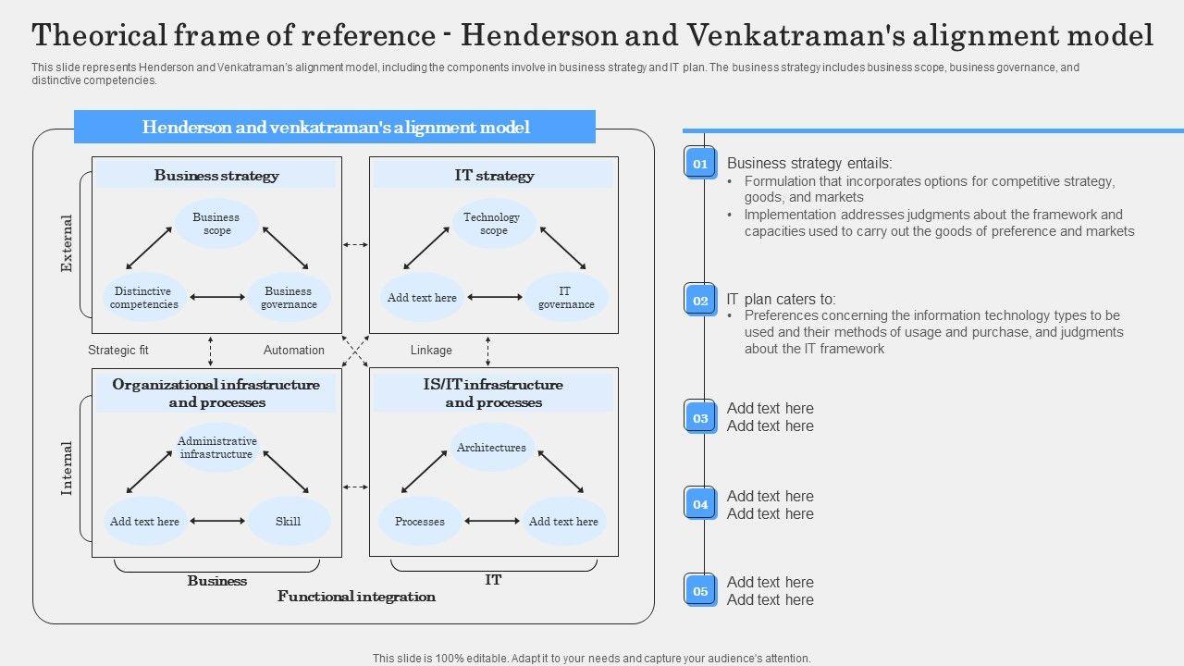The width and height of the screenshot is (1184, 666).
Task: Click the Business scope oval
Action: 216,224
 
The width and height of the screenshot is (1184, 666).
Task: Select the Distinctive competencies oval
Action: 143,298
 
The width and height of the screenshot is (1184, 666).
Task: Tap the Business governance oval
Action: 289,298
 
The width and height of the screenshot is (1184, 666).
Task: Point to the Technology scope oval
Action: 492,224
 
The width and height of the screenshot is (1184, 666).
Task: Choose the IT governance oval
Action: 565,298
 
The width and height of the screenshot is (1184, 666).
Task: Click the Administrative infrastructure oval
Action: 216,448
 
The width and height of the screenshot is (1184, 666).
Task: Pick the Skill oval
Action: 289,521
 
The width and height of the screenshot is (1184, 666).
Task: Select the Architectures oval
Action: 491,448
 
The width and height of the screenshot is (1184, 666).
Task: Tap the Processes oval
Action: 420,521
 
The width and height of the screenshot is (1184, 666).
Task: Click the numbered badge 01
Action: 700,164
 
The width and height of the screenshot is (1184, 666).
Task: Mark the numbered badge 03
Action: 700,418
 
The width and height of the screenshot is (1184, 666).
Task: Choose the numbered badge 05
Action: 700,591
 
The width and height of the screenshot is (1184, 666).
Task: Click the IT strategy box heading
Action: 494,175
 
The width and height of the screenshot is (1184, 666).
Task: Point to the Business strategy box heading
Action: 216,175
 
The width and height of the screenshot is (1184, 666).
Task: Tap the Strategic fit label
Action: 118,351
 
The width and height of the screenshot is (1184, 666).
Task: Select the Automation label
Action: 294,351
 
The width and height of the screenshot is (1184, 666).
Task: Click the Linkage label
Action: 431,351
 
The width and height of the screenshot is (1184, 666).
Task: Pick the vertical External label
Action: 67,243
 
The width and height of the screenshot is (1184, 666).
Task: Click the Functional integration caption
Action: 356,597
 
